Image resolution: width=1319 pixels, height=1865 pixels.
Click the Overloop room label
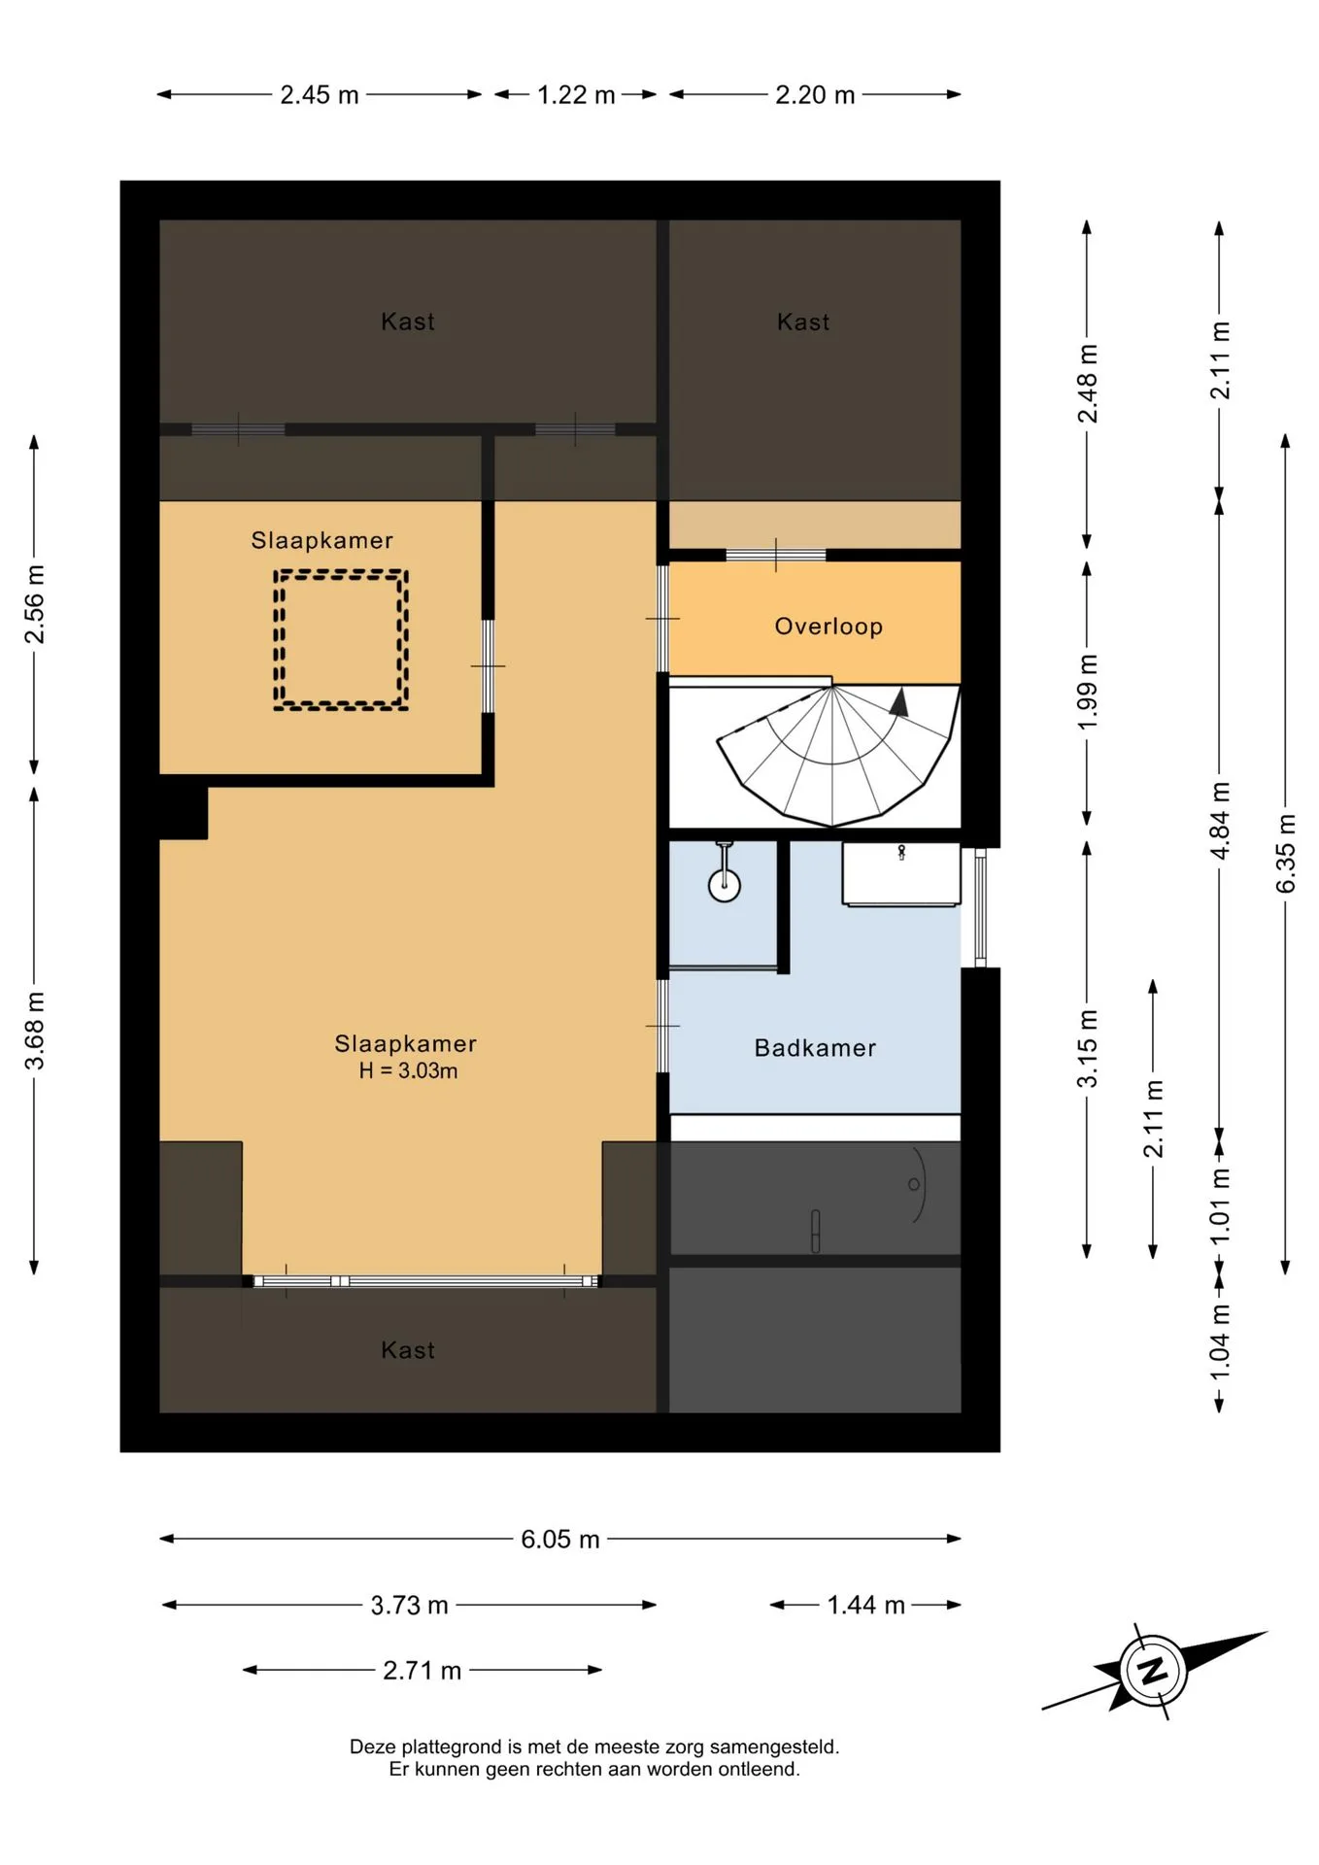[x=829, y=627]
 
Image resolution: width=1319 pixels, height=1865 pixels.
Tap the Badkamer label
[x=815, y=1048]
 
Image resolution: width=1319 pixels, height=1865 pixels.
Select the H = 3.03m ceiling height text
[x=408, y=1070]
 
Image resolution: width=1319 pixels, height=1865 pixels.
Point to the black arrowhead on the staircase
[x=899, y=702]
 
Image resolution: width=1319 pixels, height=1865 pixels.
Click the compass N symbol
[x=1153, y=1671]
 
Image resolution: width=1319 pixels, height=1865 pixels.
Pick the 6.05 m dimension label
[x=560, y=1539]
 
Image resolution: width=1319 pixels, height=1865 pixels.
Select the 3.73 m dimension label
[x=409, y=1605]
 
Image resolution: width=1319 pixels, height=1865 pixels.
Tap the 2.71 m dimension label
[x=422, y=1670]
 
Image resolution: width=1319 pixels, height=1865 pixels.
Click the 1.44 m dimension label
[x=865, y=1605]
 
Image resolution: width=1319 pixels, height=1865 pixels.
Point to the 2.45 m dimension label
[x=320, y=94]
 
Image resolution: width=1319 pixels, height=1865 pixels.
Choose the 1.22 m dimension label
[x=576, y=94]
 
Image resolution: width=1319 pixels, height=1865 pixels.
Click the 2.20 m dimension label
[x=815, y=94]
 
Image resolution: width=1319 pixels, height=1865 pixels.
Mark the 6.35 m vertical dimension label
[x=1285, y=854]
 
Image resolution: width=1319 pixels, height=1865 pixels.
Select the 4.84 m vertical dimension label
[x=1219, y=820]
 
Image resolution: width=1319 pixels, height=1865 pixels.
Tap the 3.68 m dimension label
[x=34, y=1031]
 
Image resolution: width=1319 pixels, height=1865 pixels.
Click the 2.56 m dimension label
[x=34, y=603]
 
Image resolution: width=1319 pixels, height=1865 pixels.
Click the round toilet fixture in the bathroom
[x=725, y=885]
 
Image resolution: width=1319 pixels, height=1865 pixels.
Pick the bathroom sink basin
[x=901, y=874]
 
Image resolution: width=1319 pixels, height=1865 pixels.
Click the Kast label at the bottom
[x=408, y=1350]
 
